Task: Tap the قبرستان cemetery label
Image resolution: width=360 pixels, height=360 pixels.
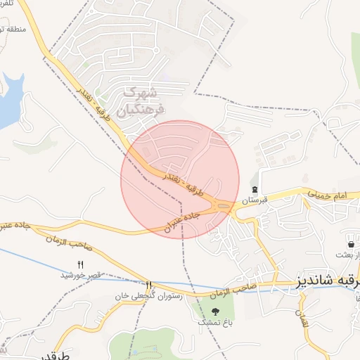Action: [256, 200]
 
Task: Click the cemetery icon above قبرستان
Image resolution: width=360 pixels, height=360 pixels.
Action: [255, 190]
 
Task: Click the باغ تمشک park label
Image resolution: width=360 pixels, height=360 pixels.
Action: [214, 321]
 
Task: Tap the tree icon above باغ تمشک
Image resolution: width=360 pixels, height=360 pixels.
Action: [215, 311]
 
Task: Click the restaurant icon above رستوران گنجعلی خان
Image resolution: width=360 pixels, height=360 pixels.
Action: [148, 285]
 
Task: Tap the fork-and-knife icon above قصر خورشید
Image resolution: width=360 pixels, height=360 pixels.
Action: [80, 264]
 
